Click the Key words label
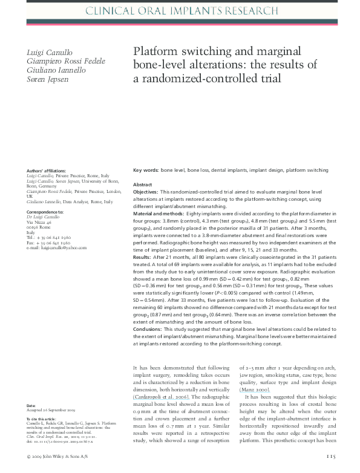pos(146,172)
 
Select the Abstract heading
pos(143,184)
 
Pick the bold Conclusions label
pos(148,330)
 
